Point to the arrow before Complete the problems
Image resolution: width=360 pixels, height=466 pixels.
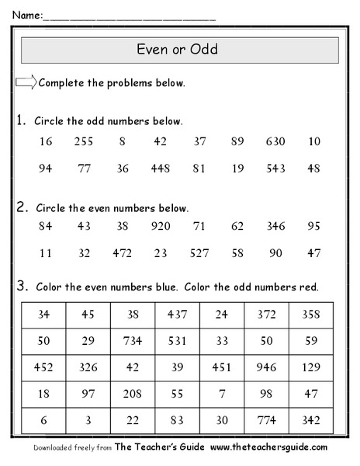[26, 82]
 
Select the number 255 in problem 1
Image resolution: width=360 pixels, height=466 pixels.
[84, 141]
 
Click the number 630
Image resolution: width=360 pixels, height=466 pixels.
[274, 141]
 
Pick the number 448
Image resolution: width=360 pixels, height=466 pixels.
[161, 167]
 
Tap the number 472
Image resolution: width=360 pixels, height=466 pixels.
[122, 252]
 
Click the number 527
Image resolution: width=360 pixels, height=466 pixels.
[199, 252]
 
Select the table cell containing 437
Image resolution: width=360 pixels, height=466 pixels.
[178, 315]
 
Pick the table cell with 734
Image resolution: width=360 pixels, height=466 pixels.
[133, 339]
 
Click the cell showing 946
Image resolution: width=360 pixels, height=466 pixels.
[267, 364]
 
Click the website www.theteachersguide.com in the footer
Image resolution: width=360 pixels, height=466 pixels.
[268, 447]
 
